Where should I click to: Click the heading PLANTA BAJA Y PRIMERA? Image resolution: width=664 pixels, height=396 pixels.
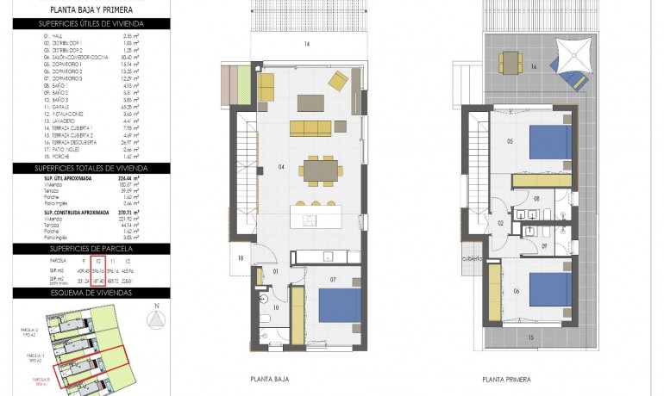[91, 9]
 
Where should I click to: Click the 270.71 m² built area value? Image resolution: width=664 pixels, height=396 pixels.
[128, 211]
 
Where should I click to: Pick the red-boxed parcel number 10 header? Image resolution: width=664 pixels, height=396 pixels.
[98, 260]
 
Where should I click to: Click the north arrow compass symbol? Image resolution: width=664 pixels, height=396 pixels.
[155, 319]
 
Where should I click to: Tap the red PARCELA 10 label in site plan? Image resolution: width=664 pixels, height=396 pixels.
[42, 379]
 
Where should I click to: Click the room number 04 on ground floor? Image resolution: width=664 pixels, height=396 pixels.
[280, 165]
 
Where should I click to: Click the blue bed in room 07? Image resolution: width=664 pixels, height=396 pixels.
[339, 306]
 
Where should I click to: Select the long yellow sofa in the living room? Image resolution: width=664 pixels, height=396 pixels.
[310, 128]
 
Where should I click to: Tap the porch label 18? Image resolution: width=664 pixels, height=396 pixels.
[241, 257]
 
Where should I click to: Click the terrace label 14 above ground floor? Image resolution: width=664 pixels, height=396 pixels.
[306, 43]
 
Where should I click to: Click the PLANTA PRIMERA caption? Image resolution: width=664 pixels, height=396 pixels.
[507, 379]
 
